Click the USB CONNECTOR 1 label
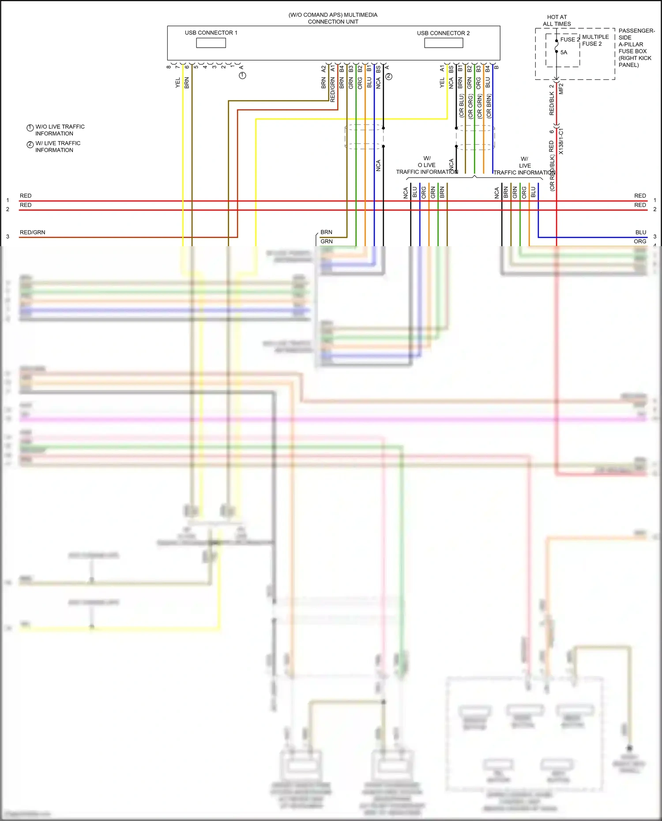point(211,33)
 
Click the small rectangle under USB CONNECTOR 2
point(444,43)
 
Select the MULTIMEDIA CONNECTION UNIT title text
point(333,18)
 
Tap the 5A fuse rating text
point(564,52)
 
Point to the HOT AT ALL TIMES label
point(557,20)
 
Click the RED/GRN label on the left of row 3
point(32,232)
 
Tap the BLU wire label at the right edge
point(640,232)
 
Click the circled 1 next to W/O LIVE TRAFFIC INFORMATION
point(30,128)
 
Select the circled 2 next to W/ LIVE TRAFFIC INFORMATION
point(30,145)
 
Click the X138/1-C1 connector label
point(561,141)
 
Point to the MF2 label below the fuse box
point(561,89)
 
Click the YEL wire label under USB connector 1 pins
point(178,82)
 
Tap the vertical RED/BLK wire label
point(552,103)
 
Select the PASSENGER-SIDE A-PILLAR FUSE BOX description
point(636,48)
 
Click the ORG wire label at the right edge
point(639,242)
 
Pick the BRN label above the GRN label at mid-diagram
point(326,232)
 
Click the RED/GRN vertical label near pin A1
point(333,90)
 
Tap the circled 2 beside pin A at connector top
point(389,76)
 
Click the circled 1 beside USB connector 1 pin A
point(242,75)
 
